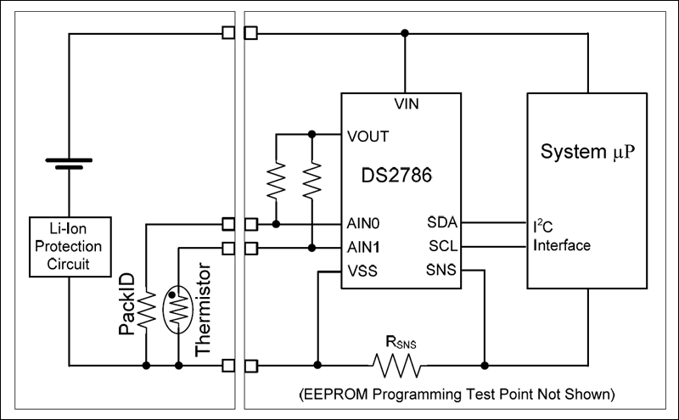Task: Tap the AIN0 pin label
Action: point(363,224)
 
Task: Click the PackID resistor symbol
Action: point(147,311)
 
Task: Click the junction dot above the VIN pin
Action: point(406,33)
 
